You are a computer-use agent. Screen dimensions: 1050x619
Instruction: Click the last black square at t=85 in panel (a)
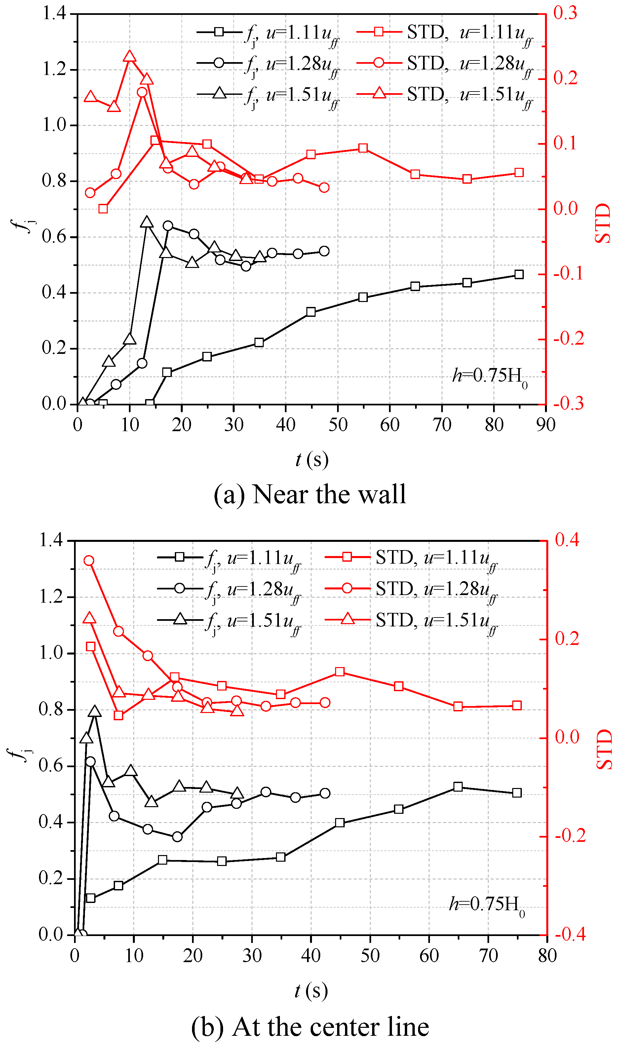click(x=519, y=274)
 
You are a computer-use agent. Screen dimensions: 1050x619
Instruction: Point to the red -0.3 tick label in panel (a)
click(x=568, y=404)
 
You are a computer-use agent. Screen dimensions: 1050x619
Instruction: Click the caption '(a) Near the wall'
click(x=309, y=495)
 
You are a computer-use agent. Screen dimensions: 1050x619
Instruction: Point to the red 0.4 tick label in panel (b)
click(x=567, y=541)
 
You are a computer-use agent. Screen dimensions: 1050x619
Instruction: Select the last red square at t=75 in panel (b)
click(x=517, y=705)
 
